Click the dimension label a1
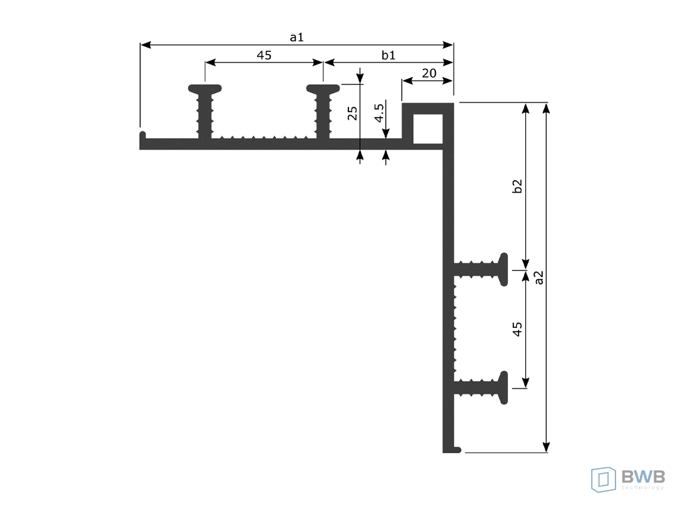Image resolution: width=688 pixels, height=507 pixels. pos(296,38)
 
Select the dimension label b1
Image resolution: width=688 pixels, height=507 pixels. pos(388,55)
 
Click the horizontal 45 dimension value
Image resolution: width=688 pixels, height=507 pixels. pos(264,55)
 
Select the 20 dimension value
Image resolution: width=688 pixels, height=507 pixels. pos(429,73)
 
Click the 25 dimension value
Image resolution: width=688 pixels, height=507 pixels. pos(352,113)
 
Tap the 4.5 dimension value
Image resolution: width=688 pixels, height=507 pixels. pos(378,113)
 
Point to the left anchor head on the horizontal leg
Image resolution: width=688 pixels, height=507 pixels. pos(205,89)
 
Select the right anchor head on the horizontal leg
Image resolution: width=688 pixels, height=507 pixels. pos(323,89)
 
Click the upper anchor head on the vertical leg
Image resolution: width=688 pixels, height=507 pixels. pos(503,270)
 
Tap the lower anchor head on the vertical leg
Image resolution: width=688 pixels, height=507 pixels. pos(503,387)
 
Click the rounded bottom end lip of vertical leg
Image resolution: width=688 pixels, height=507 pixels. pos(457,449)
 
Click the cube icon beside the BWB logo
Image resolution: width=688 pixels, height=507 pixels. pos(604,479)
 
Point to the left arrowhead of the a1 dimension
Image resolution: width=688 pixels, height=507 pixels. pos(146,45)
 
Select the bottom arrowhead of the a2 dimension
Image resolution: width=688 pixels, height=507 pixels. pos(546,447)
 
